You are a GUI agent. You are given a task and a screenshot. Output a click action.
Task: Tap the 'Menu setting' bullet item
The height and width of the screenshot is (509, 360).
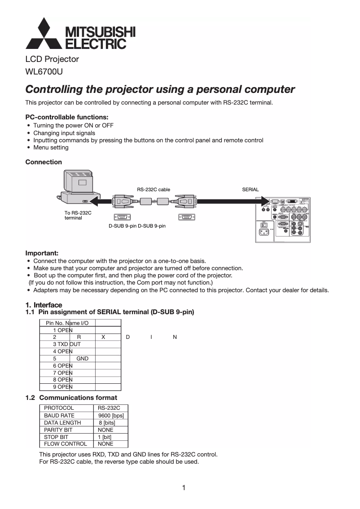51,147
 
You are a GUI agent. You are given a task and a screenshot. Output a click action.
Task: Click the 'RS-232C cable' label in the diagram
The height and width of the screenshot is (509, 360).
154,190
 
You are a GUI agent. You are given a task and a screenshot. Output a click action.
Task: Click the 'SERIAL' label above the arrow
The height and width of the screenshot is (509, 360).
250,189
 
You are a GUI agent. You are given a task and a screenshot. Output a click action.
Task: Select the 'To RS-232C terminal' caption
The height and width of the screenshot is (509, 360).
78,215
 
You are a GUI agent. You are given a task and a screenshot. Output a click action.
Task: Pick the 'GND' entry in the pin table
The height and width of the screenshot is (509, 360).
82,358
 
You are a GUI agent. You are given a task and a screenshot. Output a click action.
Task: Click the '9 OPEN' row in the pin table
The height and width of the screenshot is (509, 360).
63,387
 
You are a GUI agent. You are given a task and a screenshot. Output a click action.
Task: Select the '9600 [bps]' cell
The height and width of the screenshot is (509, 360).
111,416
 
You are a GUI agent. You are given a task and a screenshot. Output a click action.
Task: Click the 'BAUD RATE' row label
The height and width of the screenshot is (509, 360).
59,416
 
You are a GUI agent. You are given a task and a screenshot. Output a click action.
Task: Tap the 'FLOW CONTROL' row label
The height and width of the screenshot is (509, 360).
66,444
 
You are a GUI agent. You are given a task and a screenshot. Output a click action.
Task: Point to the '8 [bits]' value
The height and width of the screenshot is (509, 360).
107,423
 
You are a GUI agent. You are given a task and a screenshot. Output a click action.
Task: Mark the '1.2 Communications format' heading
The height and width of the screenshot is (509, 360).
71,398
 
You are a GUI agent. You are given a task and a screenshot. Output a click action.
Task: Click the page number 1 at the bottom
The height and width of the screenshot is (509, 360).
184,488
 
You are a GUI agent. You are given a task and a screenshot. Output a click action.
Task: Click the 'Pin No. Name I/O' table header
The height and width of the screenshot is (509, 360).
67,323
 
